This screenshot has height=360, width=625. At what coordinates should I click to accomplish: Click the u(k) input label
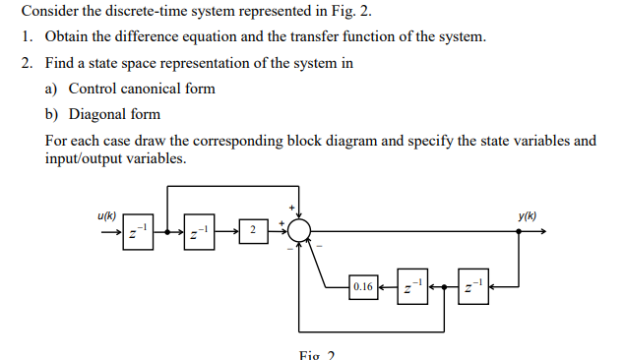pos(107,215)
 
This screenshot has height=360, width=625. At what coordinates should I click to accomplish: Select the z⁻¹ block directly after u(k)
pos(138,233)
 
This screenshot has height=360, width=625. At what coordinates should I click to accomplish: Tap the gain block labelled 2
pos(253,231)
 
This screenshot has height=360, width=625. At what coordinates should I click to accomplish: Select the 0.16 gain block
pos(362,287)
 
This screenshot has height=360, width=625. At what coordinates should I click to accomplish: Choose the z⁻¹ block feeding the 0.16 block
pos(410,287)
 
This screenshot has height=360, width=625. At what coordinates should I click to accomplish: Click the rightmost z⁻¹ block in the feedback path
pos(472,287)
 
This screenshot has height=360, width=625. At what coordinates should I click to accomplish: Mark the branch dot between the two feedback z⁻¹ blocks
pos(444,287)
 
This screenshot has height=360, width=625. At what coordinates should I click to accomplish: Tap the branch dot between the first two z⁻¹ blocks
pos(167,233)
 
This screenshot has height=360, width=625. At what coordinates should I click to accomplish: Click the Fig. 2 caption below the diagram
pos(317,354)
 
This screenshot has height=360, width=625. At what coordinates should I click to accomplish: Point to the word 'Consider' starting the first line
pos(48,12)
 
